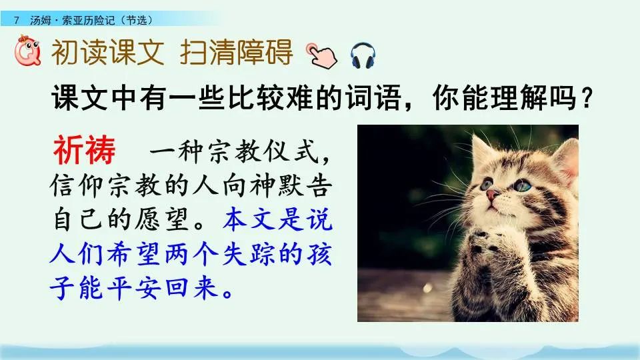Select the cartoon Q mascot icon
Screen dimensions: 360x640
coord(28,52)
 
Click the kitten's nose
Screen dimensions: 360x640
coord(492,195)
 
